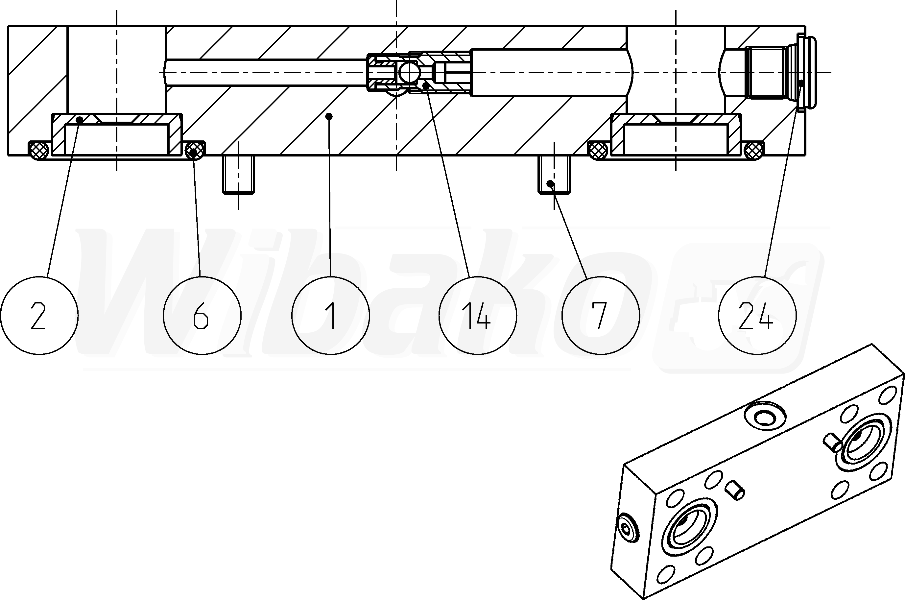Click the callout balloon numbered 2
coord(39,316)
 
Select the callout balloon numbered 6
coord(202,316)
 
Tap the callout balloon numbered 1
coord(330,316)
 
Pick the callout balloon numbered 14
coord(478,316)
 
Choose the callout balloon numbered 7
coord(601,316)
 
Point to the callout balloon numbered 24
coord(757,316)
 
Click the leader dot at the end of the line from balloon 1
coord(329,116)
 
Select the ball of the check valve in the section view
coord(408,73)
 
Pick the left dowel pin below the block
coord(238,175)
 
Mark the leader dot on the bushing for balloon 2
coord(80,120)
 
